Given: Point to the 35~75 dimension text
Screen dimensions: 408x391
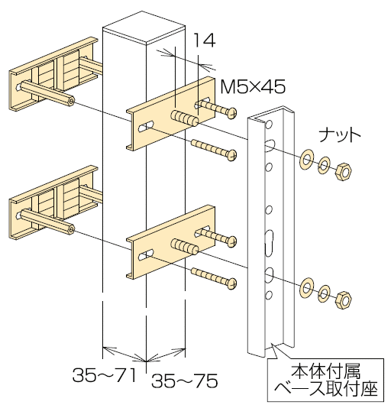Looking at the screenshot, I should pyautogui.click(x=185, y=380).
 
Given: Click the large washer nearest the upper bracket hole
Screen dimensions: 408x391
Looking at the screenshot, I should pyautogui.click(x=307, y=159).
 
